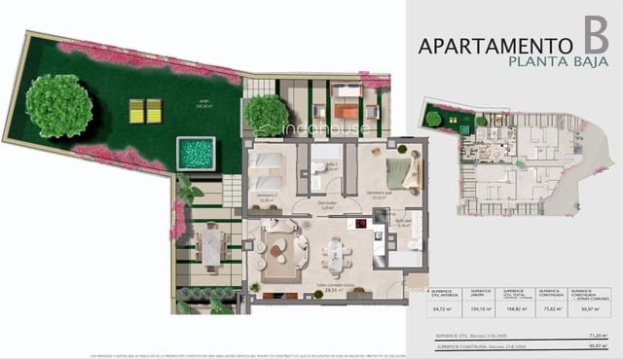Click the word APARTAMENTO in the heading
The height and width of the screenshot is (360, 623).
pos(494,45)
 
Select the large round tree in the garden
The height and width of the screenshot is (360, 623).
pos(59,105)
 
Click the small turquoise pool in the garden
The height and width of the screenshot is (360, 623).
pos(196,154)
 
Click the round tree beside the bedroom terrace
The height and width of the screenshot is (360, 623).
pos(267,113)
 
